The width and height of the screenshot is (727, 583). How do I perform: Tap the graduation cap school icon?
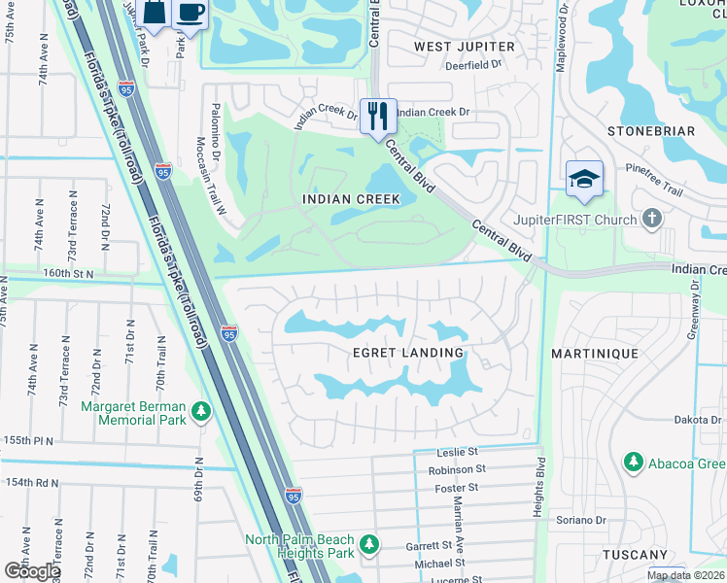click(x=584, y=179)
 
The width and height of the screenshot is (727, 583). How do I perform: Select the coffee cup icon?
click(x=190, y=14)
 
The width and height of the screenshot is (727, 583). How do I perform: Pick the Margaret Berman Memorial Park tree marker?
click(x=201, y=412)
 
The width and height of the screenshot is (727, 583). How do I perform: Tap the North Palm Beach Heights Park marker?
click(x=368, y=545)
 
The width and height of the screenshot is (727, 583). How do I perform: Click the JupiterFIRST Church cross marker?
click(x=651, y=219)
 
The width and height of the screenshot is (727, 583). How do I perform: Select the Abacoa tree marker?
click(x=633, y=461)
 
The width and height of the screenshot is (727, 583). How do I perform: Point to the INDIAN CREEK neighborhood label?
click(x=351, y=199)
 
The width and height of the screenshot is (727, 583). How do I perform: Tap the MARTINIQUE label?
click(x=595, y=354)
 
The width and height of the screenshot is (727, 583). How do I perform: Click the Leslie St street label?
click(x=459, y=452)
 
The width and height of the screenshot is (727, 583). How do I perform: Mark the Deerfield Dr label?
click(x=473, y=65)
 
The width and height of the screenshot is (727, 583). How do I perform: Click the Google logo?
click(x=32, y=571)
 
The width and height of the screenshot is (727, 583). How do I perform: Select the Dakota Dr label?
click(x=698, y=420)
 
